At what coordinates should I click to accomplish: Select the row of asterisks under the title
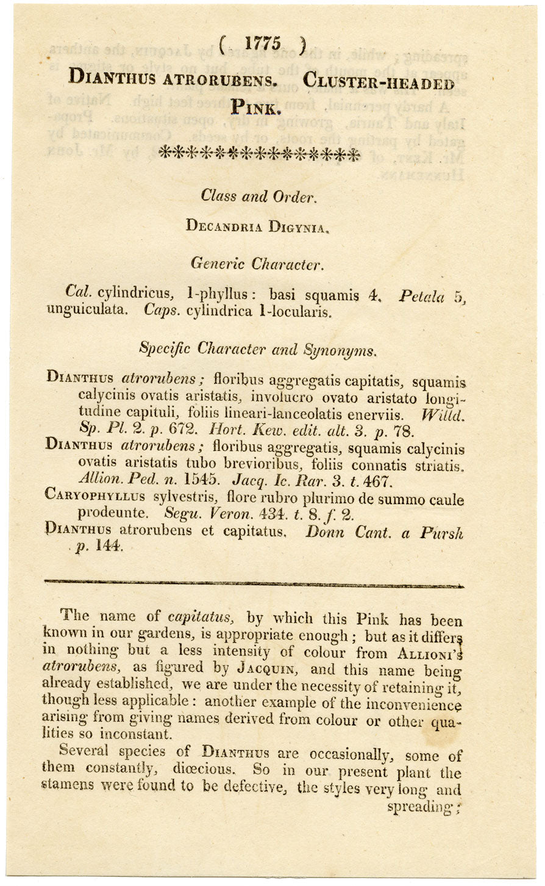pos(259,153)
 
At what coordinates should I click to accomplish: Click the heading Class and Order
pos(258,196)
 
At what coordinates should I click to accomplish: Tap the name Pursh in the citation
pos(441,533)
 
